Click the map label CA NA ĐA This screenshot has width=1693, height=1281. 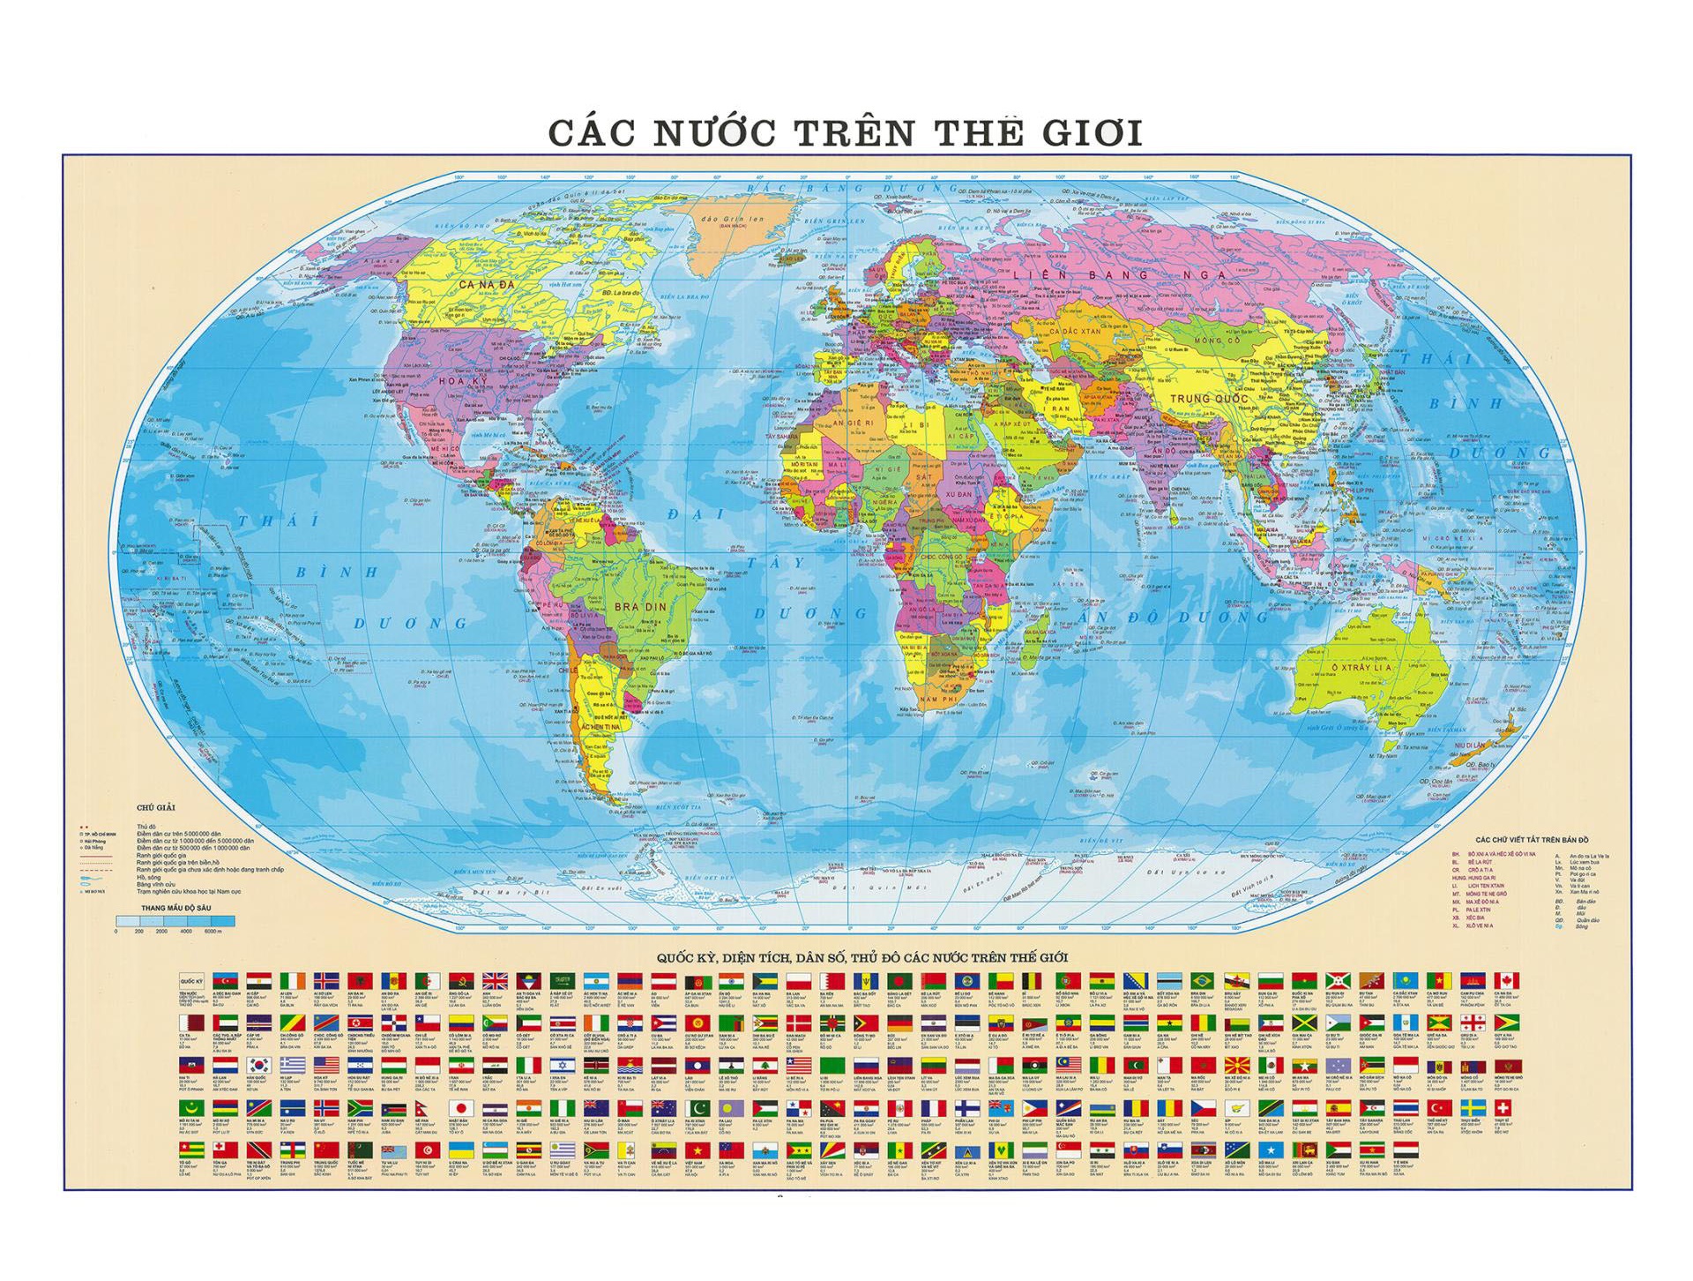pyautogui.click(x=486, y=285)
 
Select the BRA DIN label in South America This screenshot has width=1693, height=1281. pyautogui.click(x=640, y=607)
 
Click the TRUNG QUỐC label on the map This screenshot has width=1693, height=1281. pyautogui.click(x=1209, y=399)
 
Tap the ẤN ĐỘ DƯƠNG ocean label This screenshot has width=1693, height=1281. pyautogui.click(x=1172, y=618)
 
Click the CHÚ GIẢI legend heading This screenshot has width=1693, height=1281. pyautogui.click(x=156, y=807)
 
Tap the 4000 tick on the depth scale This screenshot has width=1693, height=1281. pyautogui.click(x=186, y=932)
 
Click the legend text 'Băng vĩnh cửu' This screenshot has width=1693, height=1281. pyautogui.click(x=155, y=884)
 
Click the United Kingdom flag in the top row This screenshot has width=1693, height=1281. pyautogui.click(x=494, y=981)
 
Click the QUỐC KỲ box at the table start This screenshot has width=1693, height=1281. pyautogui.click(x=191, y=981)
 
